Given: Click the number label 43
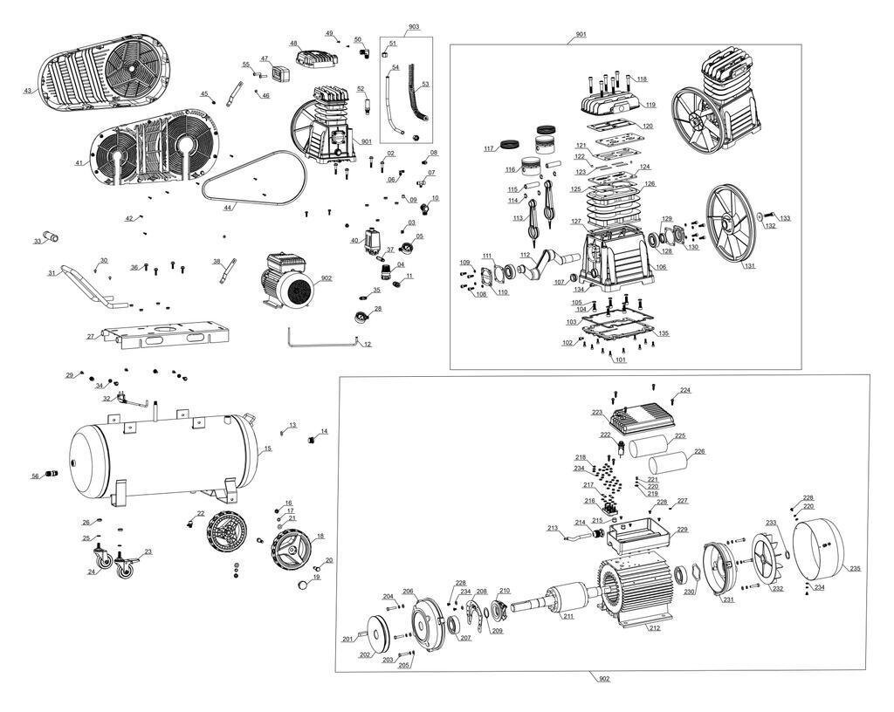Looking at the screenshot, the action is tap(28, 91).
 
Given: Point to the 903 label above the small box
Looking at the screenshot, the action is tap(413, 27).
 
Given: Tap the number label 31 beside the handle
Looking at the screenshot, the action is tap(52, 273).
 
